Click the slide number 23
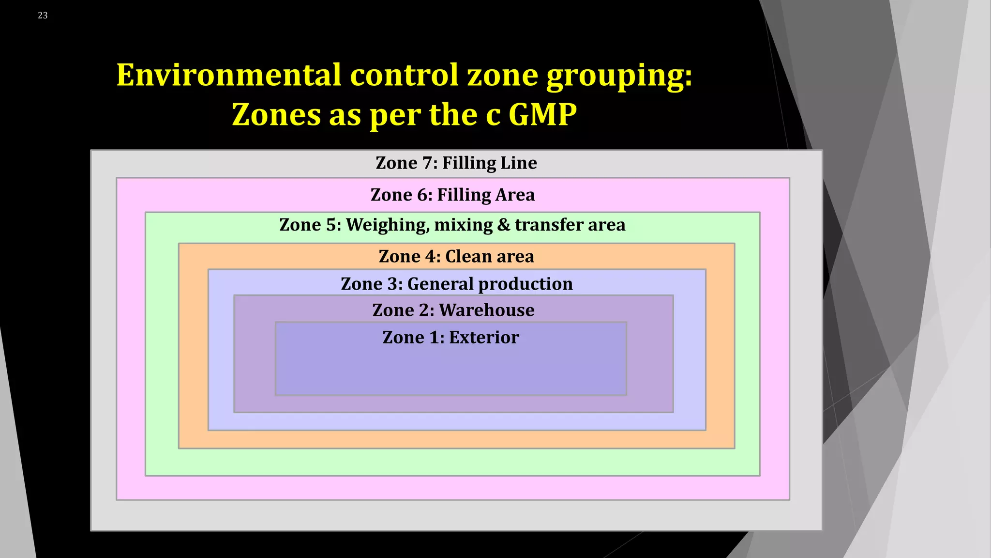(x=43, y=15)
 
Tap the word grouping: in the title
(x=619, y=76)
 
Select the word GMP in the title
(x=542, y=115)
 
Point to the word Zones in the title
(x=276, y=115)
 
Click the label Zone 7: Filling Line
(x=456, y=163)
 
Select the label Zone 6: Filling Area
(x=452, y=195)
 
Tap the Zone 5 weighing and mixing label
(x=452, y=225)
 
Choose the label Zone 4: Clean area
(x=456, y=256)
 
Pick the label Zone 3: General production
(x=456, y=284)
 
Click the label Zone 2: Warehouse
(x=453, y=310)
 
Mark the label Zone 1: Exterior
(x=450, y=337)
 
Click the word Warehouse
(x=486, y=310)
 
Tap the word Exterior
(x=484, y=337)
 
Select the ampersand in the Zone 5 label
(x=503, y=225)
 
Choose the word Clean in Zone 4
(x=468, y=256)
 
